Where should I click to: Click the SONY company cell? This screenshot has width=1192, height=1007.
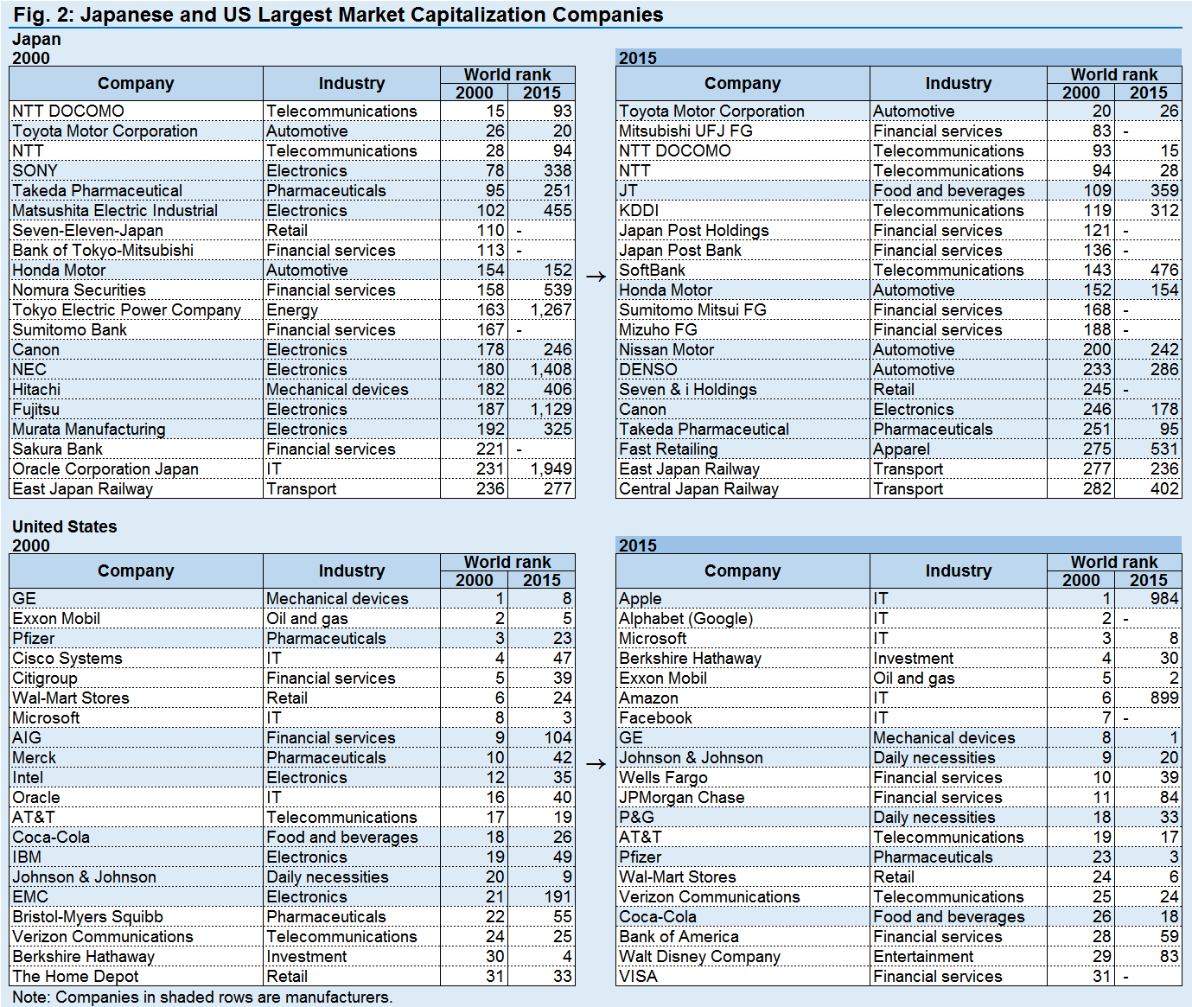pos(35,170)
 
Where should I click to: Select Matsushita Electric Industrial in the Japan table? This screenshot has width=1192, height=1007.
pos(115,211)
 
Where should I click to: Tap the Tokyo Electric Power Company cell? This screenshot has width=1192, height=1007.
pos(127,310)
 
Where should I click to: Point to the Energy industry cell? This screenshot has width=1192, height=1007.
pos(291,310)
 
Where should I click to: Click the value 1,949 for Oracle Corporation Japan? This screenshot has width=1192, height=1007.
pos(551,469)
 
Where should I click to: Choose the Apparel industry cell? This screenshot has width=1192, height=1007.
pos(901,449)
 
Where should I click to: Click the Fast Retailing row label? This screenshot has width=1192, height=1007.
pos(668,449)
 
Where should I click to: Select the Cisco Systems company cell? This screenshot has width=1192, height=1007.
pos(67,658)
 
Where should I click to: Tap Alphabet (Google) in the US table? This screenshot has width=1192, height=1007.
pos(685,619)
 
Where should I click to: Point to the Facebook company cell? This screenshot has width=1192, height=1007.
pos(655,717)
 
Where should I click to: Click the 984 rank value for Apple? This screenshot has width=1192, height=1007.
pos(1164,598)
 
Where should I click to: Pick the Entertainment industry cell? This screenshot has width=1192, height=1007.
pos(923,956)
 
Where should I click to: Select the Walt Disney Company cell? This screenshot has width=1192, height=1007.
pos(699,957)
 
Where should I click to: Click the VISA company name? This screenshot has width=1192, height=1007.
pos(638,976)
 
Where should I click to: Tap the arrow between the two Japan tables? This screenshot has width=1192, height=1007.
pos(596,277)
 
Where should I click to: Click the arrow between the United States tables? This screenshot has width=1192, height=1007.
pos(596,764)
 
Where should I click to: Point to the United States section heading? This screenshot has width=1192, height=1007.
pos(65,526)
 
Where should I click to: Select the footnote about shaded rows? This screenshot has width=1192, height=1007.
pos(202,997)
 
